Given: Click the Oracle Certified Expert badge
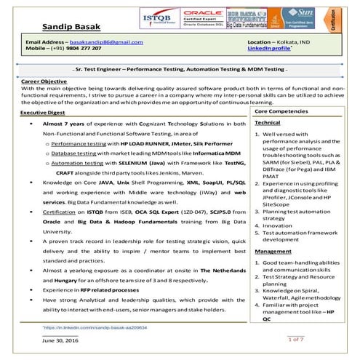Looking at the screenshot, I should coord(203,17).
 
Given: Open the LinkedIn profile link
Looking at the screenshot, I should coord(269,50).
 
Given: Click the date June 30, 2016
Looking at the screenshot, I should coord(61,340).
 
